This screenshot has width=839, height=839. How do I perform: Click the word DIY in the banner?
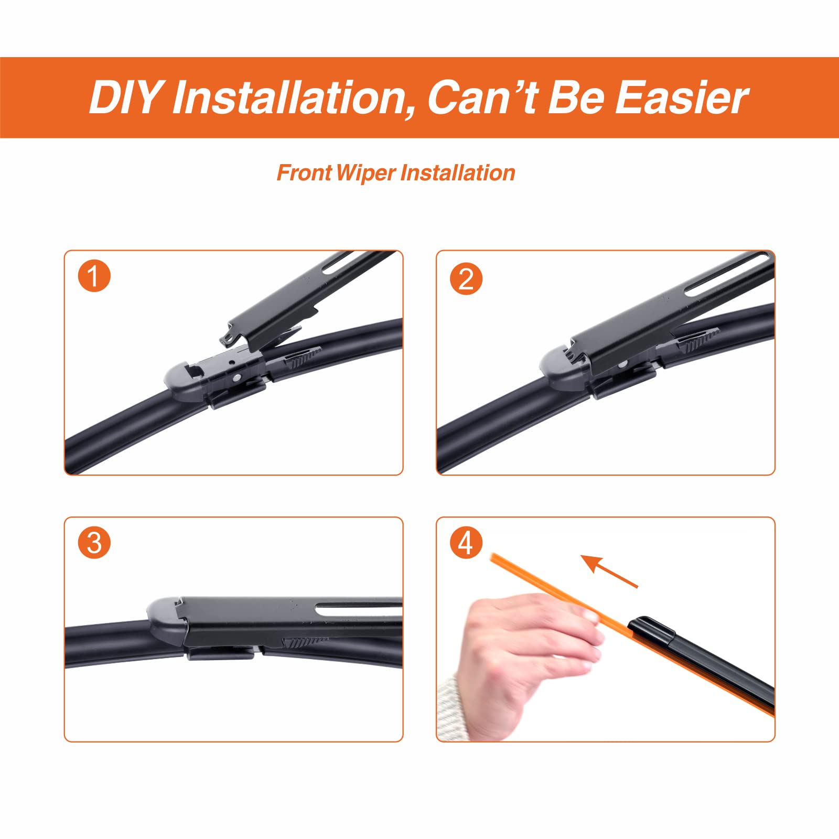(125, 98)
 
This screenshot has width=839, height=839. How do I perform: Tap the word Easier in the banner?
(681, 98)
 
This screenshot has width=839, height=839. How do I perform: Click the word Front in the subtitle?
(304, 173)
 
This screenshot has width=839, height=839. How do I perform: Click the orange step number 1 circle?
(94, 276)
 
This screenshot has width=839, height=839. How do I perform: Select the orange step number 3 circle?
(94, 543)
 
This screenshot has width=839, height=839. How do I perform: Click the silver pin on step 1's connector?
(237, 377)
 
